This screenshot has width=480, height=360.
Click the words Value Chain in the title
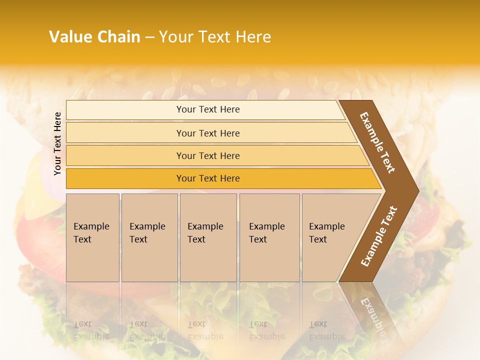[94, 37]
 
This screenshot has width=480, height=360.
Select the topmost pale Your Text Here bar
[207, 109]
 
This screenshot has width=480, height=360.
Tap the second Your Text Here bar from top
[207, 133]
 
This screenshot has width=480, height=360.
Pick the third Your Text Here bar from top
[207, 155]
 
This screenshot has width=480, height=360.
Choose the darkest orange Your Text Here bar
[207, 178]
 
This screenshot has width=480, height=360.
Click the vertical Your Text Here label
[57, 143]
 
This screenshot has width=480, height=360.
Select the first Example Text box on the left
[92, 237]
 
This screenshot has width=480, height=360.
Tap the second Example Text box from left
[149, 237]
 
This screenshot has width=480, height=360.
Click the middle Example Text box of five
[208, 237]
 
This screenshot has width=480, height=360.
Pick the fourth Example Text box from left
[269, 237]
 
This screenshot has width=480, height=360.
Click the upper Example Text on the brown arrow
[377, 142]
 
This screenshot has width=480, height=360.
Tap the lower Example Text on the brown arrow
[379, 236]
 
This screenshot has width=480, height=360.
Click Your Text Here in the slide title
[214, 37]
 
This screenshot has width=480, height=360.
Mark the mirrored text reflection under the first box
[91, 330]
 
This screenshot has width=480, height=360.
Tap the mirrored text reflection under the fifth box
[326, 330]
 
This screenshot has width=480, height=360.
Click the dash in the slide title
[149, 37]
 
